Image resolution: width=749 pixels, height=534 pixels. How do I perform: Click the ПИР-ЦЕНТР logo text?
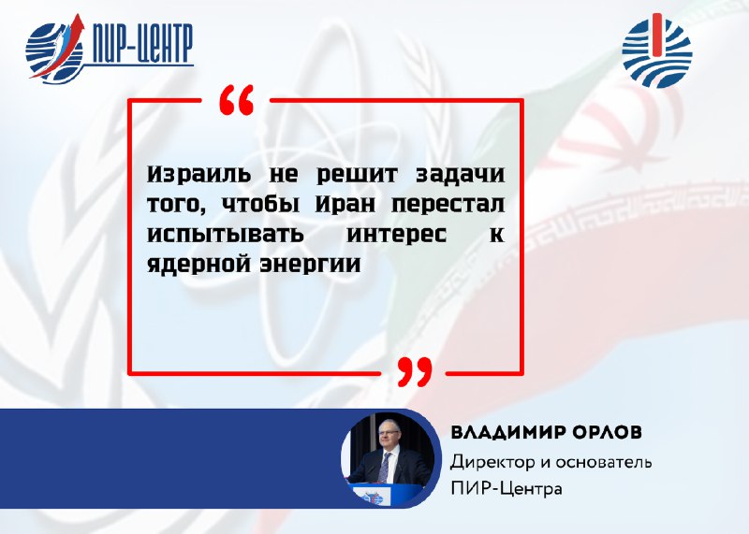click(141, 44)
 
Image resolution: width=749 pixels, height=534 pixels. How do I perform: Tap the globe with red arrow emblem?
click(55, 50)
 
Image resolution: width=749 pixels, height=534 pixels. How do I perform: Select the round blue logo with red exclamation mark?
click(657, 51)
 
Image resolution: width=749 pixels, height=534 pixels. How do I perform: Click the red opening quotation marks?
click(237, 100)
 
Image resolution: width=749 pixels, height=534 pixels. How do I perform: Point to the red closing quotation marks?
click(415, 372)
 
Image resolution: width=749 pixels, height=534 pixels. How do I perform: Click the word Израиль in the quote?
click(198, 174)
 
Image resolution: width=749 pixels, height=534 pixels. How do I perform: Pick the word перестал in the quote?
click(448, 205)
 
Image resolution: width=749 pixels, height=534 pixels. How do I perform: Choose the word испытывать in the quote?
click(225, 235)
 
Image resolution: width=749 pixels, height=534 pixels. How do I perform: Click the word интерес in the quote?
click(396, 236)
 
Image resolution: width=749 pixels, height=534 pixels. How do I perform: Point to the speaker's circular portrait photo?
click(390, 458)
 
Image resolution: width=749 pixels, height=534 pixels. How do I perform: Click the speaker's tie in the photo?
click(383, 468)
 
